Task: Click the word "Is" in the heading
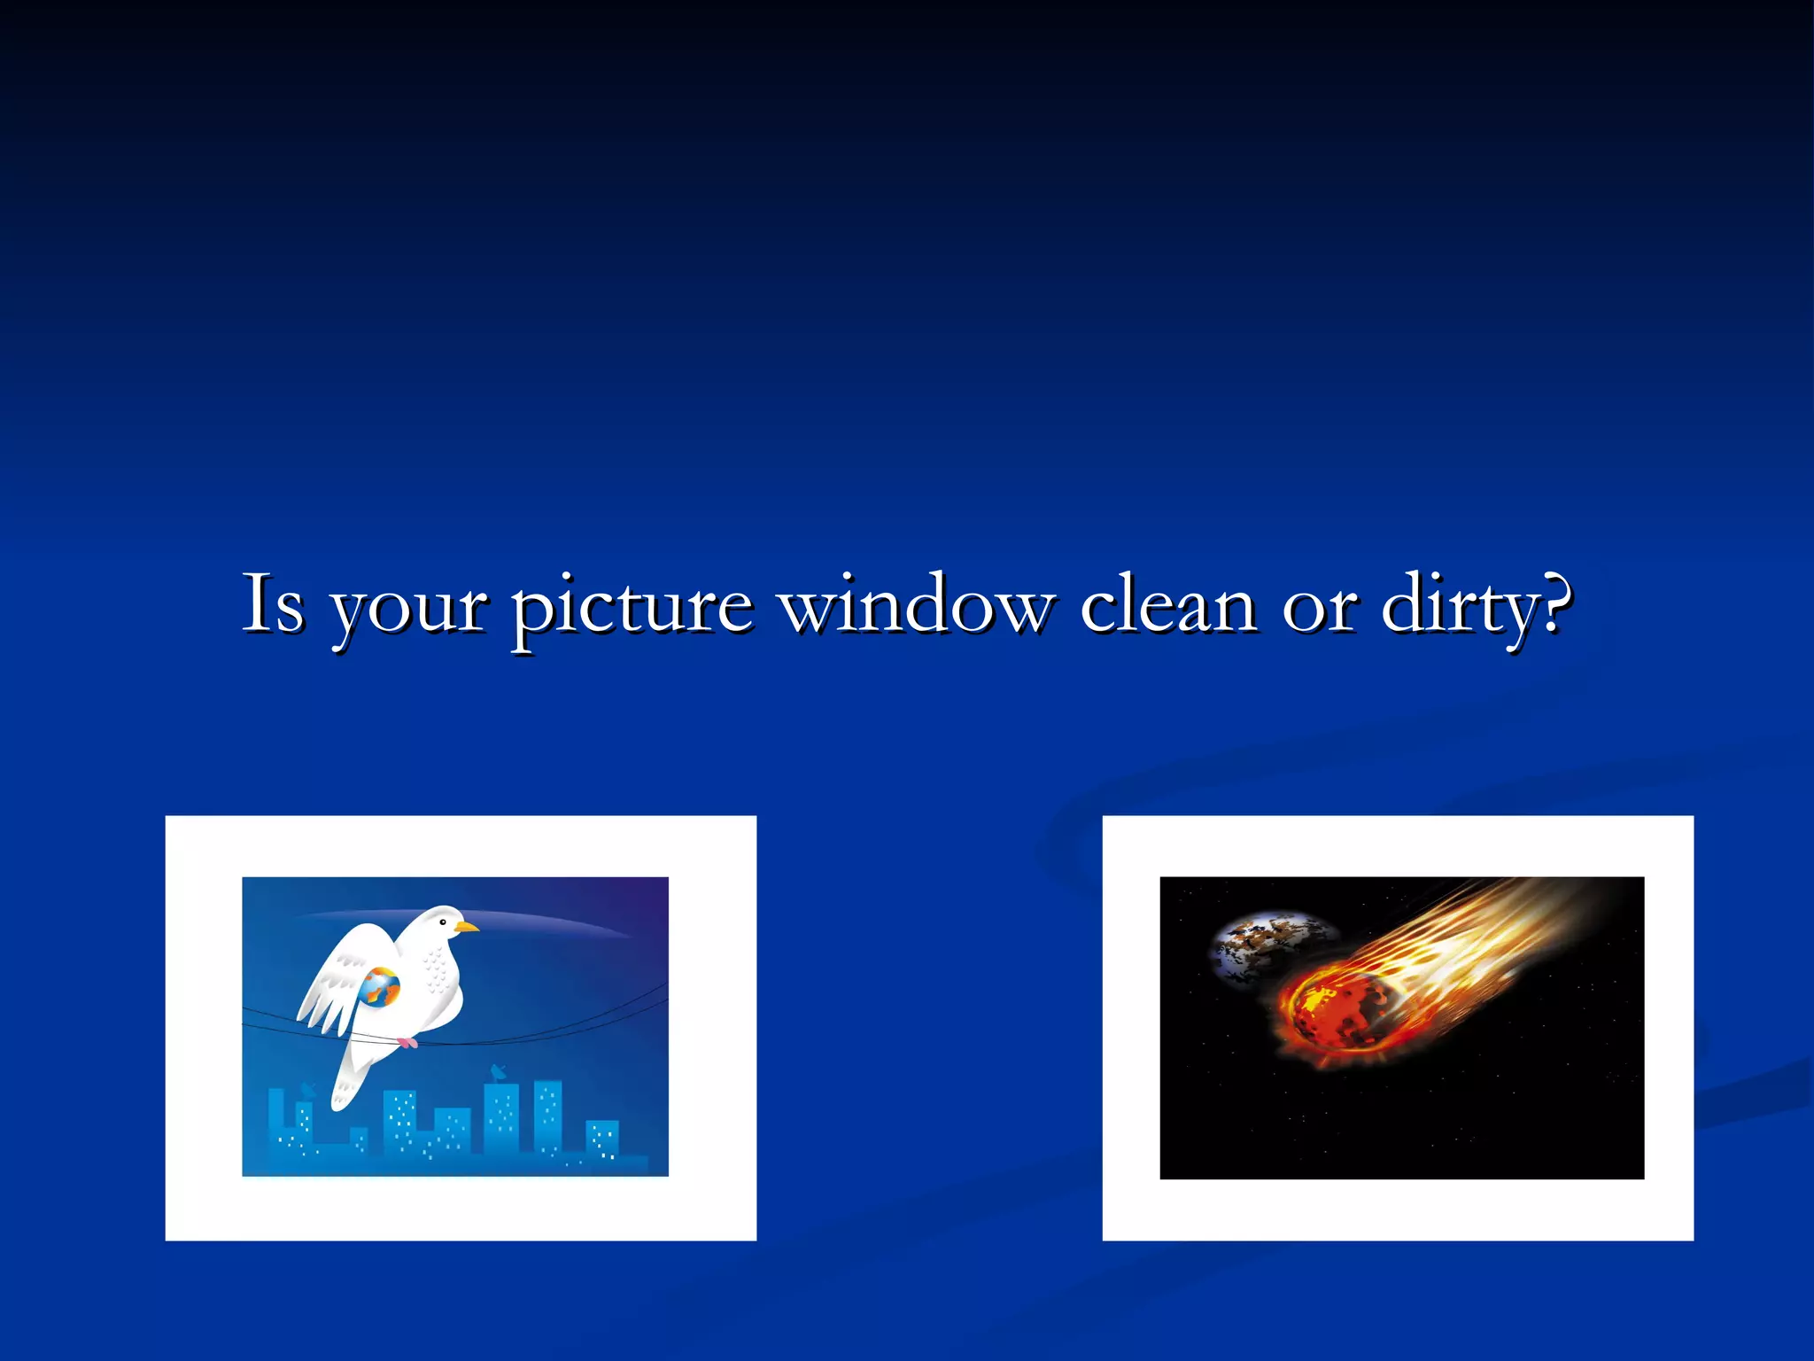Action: (x=274, y=604)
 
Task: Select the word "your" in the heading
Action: (x=408, y=611)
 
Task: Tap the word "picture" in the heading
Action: (x=632, y=610)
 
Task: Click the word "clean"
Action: (x=1168, y=604)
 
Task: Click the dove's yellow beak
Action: (x=467, y=928)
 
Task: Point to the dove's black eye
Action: (x=443, y=923)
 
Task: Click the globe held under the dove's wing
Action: (x=380, y=987)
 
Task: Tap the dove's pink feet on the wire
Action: (x=407, y=1043)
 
